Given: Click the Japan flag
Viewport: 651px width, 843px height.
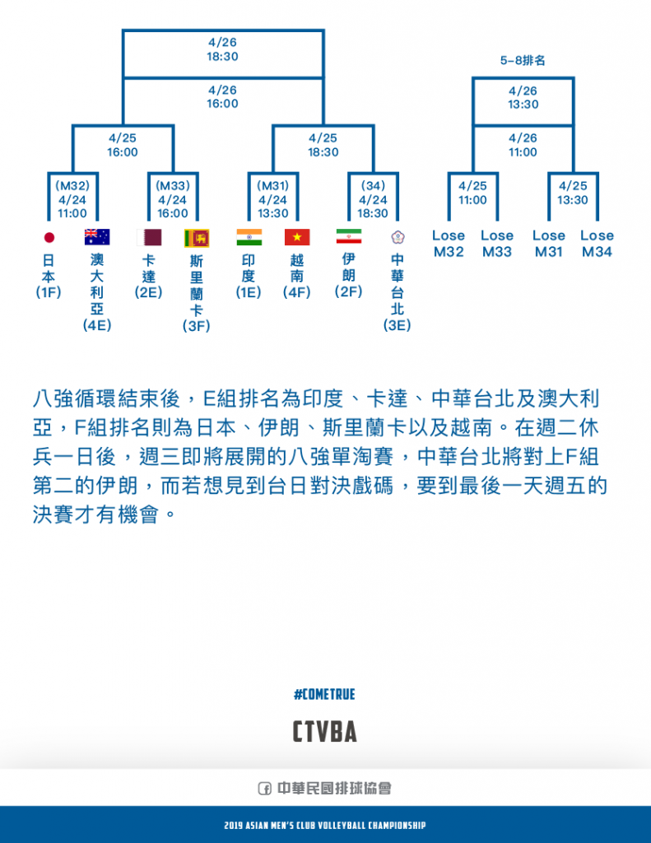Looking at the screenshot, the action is [x=49, y=237].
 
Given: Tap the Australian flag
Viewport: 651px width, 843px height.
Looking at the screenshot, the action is [x=97, y=237].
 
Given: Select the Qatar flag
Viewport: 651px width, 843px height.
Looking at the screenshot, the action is [x=149, y=237].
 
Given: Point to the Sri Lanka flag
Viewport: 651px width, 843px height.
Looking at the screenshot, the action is [x=197, y=238].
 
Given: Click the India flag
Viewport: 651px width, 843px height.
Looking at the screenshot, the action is [x=249, y=237].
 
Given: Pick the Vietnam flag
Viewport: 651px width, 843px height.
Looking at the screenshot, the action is [x=297, y=237].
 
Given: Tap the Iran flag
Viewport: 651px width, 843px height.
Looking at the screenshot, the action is [x=349, y=236].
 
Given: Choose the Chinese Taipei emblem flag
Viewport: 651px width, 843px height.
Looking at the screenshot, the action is [x=398, y=237].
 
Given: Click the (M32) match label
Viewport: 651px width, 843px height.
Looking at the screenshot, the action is [x=72, y=186].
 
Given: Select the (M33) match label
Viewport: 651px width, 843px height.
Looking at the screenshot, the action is [x=173, y=186].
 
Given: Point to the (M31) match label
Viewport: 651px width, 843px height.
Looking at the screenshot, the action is [x=272, y=186].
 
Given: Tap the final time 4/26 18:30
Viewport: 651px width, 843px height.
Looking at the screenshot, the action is [x=222, y=49].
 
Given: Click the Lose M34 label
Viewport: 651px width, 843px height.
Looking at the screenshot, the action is [x=597, y=244].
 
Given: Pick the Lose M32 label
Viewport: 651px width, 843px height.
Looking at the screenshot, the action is [x=449, y=244].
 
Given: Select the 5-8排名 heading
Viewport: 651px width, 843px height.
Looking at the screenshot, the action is [x=523, y=60].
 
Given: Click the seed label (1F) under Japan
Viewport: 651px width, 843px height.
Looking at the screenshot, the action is [x=49, y=292].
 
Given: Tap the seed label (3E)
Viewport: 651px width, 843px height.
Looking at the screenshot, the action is [x=398, y=325].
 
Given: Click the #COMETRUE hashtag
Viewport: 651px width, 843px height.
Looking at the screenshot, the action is [x=325, y=694].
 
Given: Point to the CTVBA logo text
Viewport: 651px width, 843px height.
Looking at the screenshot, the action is [x=325, y=731].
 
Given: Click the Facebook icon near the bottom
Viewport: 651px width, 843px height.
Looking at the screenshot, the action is [x=264, y=788].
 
